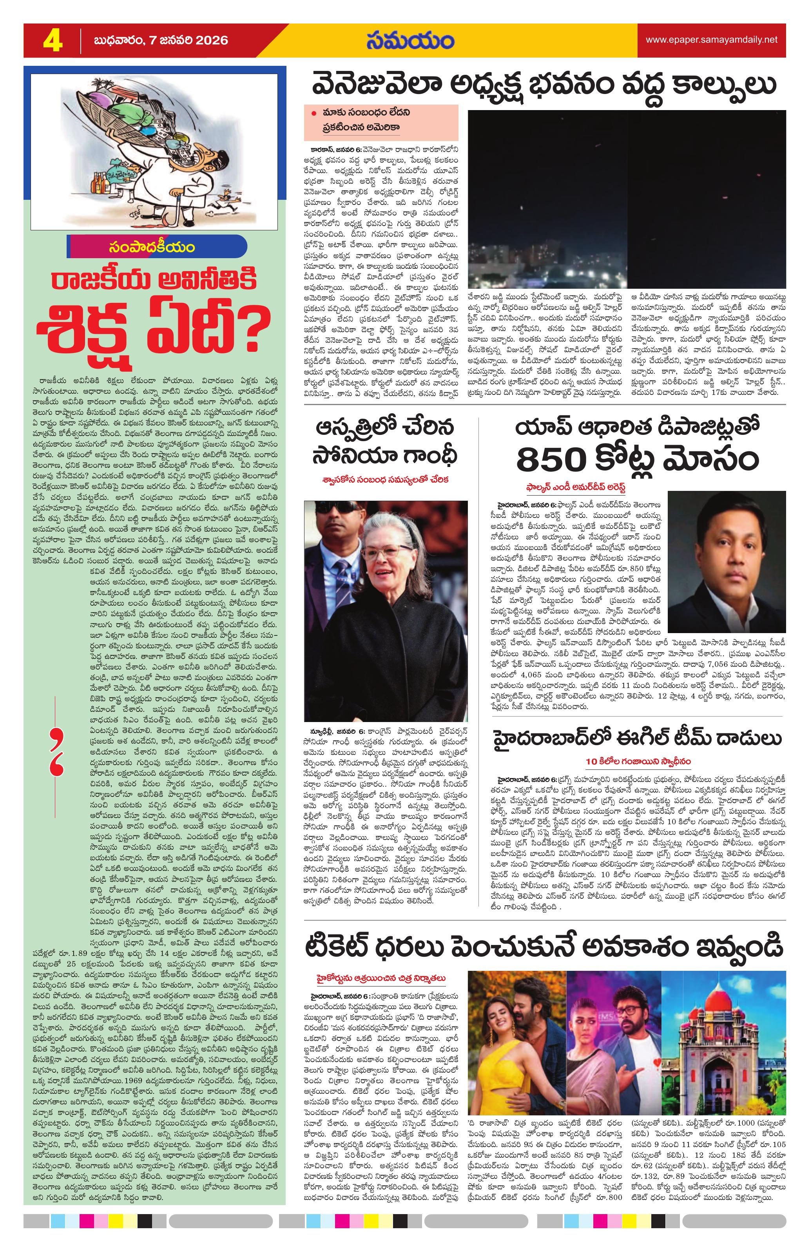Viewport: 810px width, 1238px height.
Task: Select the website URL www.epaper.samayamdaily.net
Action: pos(711,40)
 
